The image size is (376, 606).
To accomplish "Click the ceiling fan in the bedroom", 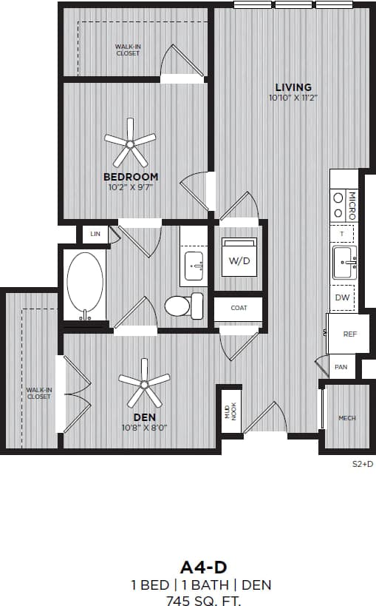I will tap(130, 140).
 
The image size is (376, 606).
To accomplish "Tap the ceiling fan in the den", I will tap(144, 383).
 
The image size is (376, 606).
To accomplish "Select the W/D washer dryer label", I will tap(239, 260).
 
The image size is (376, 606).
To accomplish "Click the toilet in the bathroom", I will tap(183, 306).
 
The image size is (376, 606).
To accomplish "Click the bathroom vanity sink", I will tap(195, 265).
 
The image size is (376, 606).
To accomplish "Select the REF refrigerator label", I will tap(350, 334).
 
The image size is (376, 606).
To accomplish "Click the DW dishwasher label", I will tap(342, 297).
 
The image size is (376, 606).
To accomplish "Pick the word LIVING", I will tap(293, 87).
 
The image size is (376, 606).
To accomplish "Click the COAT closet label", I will tap(239, 308).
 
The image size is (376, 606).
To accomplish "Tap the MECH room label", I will tap(346, 418).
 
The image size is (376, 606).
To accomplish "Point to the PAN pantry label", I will tap(341, 367).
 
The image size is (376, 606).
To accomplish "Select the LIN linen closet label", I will tap(95, 234).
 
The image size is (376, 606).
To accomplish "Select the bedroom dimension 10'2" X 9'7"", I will tap(131, 187).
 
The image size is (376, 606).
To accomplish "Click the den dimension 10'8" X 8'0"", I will tap(145, 428).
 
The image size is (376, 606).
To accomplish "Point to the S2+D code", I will tap(362, 465).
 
